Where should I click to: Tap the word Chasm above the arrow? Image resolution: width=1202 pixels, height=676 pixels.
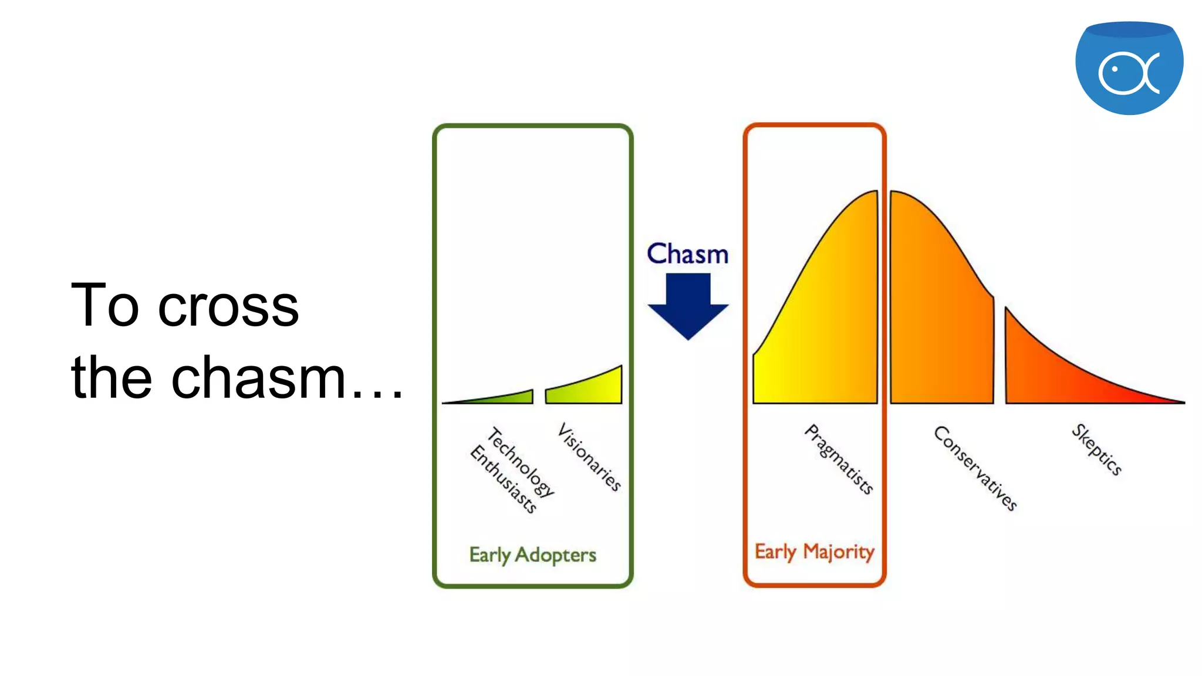pos(687,254)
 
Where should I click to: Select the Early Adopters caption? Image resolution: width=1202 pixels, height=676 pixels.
pos(532,555)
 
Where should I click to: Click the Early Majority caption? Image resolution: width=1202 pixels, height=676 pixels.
pos(814,552)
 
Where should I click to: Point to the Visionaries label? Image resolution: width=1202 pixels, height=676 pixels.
pos(589,457)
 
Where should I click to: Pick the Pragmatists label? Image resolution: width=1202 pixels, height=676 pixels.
pos(839,459)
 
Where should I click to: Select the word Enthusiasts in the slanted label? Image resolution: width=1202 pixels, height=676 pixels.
pos(504,479)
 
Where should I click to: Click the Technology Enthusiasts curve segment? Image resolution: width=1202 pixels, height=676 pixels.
pos(505,398)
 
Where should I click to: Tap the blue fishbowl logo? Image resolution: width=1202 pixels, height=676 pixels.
pos(1129,67)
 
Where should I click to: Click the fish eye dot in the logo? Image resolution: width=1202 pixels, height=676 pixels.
pos(1114,69)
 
